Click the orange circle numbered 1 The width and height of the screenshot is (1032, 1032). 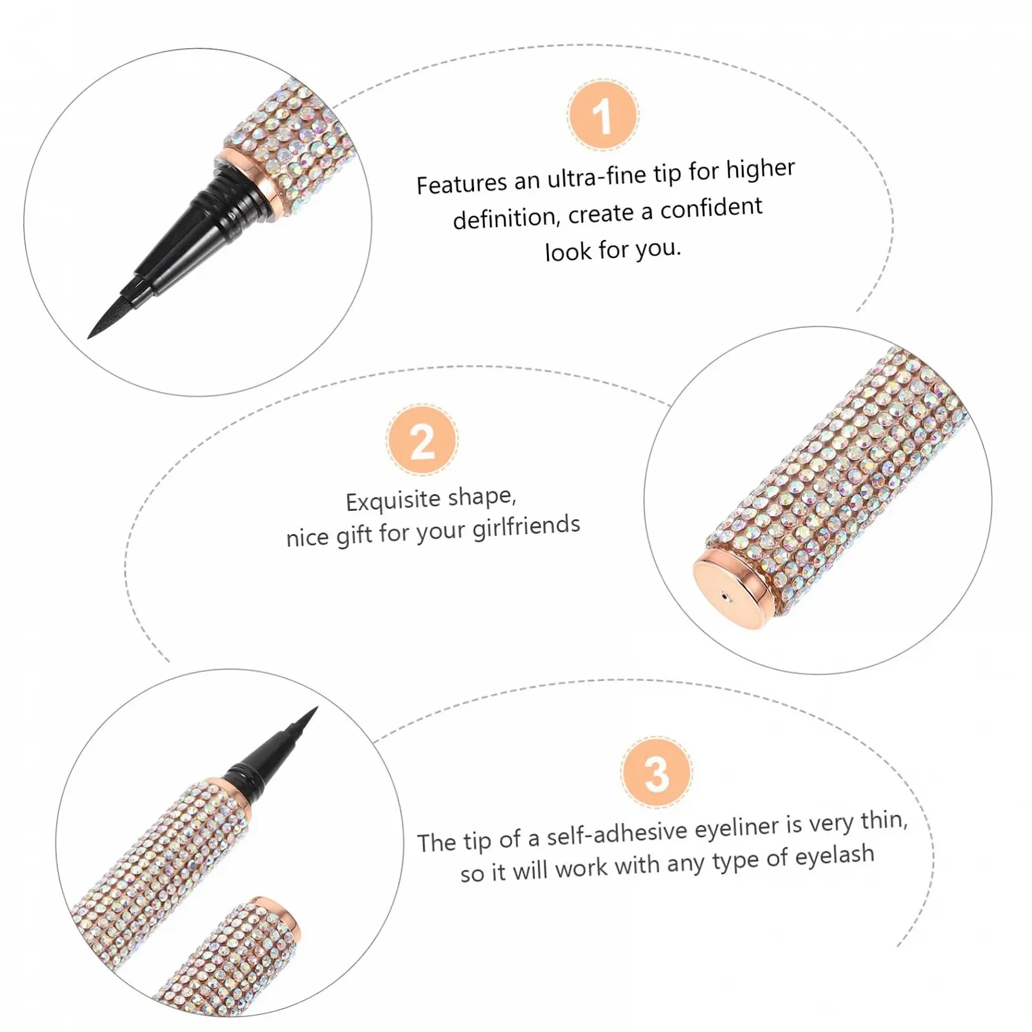click(603, 115)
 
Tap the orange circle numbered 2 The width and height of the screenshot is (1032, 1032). click(422, 441)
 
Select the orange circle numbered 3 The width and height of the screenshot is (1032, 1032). click(657, 772)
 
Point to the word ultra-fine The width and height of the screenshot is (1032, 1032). click(596, 176)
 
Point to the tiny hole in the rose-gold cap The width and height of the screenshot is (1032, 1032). click(727, 597)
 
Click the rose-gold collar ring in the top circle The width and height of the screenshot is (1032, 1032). click(248, 181)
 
